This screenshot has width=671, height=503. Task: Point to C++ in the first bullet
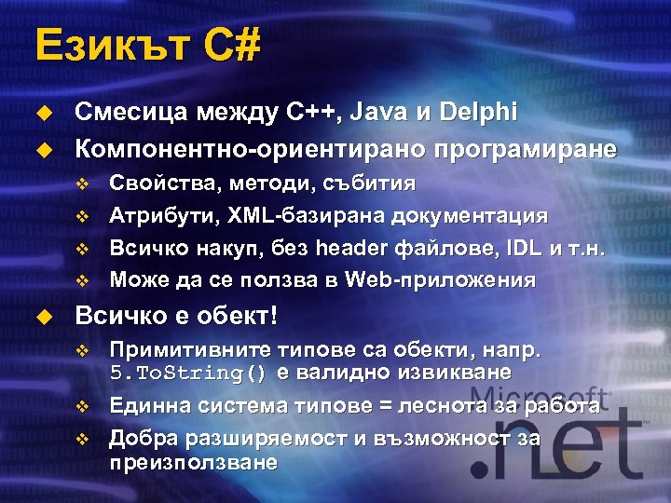click(x=313, y=113)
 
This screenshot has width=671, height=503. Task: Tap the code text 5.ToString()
click(x=188, y=373)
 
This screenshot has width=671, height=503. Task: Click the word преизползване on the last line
click(x=193, y=461)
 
